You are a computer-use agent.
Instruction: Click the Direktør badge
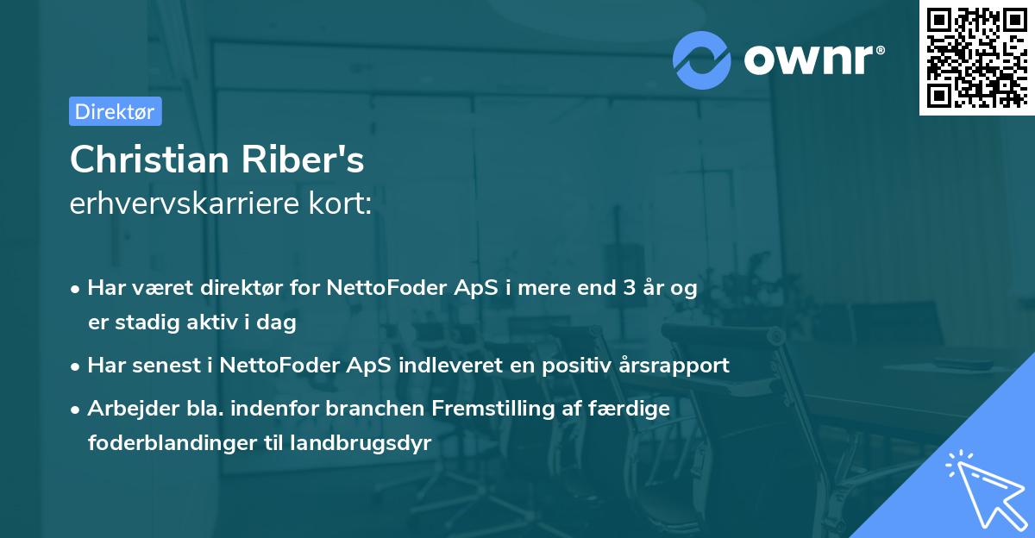pyautogui.click(x=115, y=111)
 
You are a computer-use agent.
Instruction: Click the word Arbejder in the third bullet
pyautogui.click(x=123, y=408)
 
